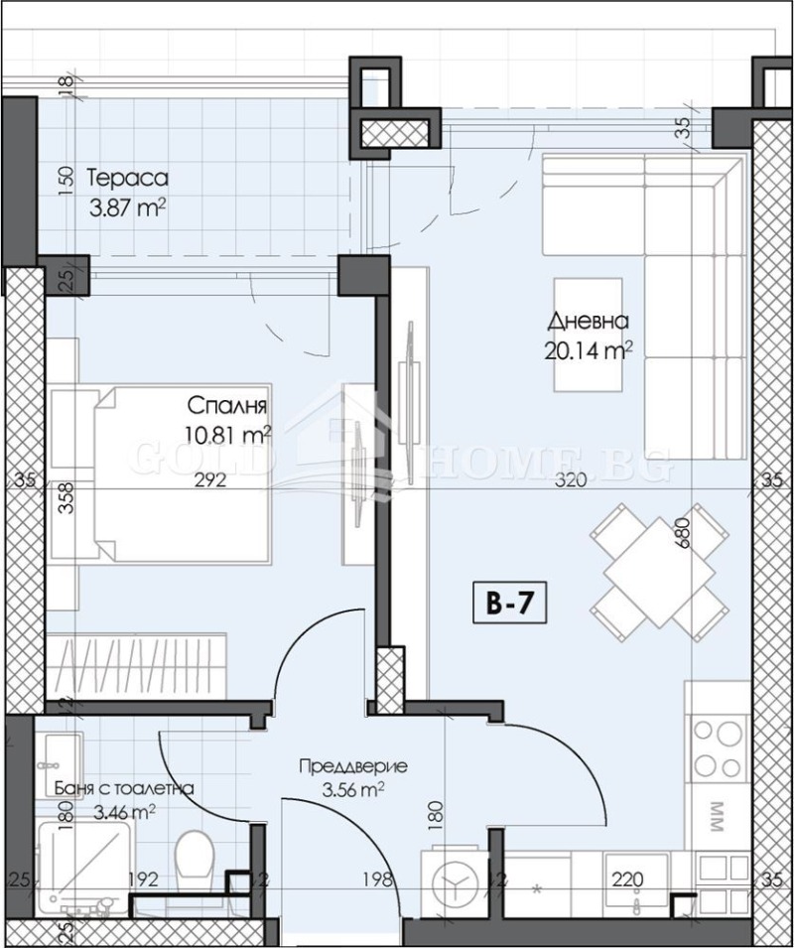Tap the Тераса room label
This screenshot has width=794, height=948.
[x=127, y=179]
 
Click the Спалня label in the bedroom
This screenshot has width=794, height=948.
[x=228, y=406]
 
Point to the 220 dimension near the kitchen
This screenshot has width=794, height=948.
[x=627, y=879]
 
